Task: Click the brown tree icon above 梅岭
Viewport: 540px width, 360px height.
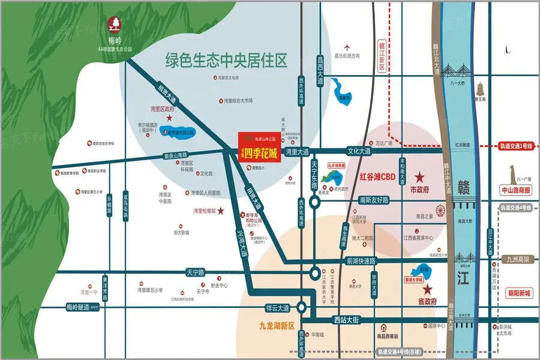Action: (114, 25)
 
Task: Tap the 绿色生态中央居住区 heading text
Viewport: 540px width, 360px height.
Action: (226, 60)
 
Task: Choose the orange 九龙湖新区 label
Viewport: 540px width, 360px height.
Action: (273, 326)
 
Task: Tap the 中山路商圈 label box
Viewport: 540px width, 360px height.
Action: (515, 190)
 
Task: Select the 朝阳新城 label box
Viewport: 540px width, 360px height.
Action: (515, 293)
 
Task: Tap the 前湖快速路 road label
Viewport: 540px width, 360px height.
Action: (360, 261)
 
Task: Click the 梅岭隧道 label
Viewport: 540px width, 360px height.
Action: (77, 307)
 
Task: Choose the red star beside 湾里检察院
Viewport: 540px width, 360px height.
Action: (221, 211)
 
